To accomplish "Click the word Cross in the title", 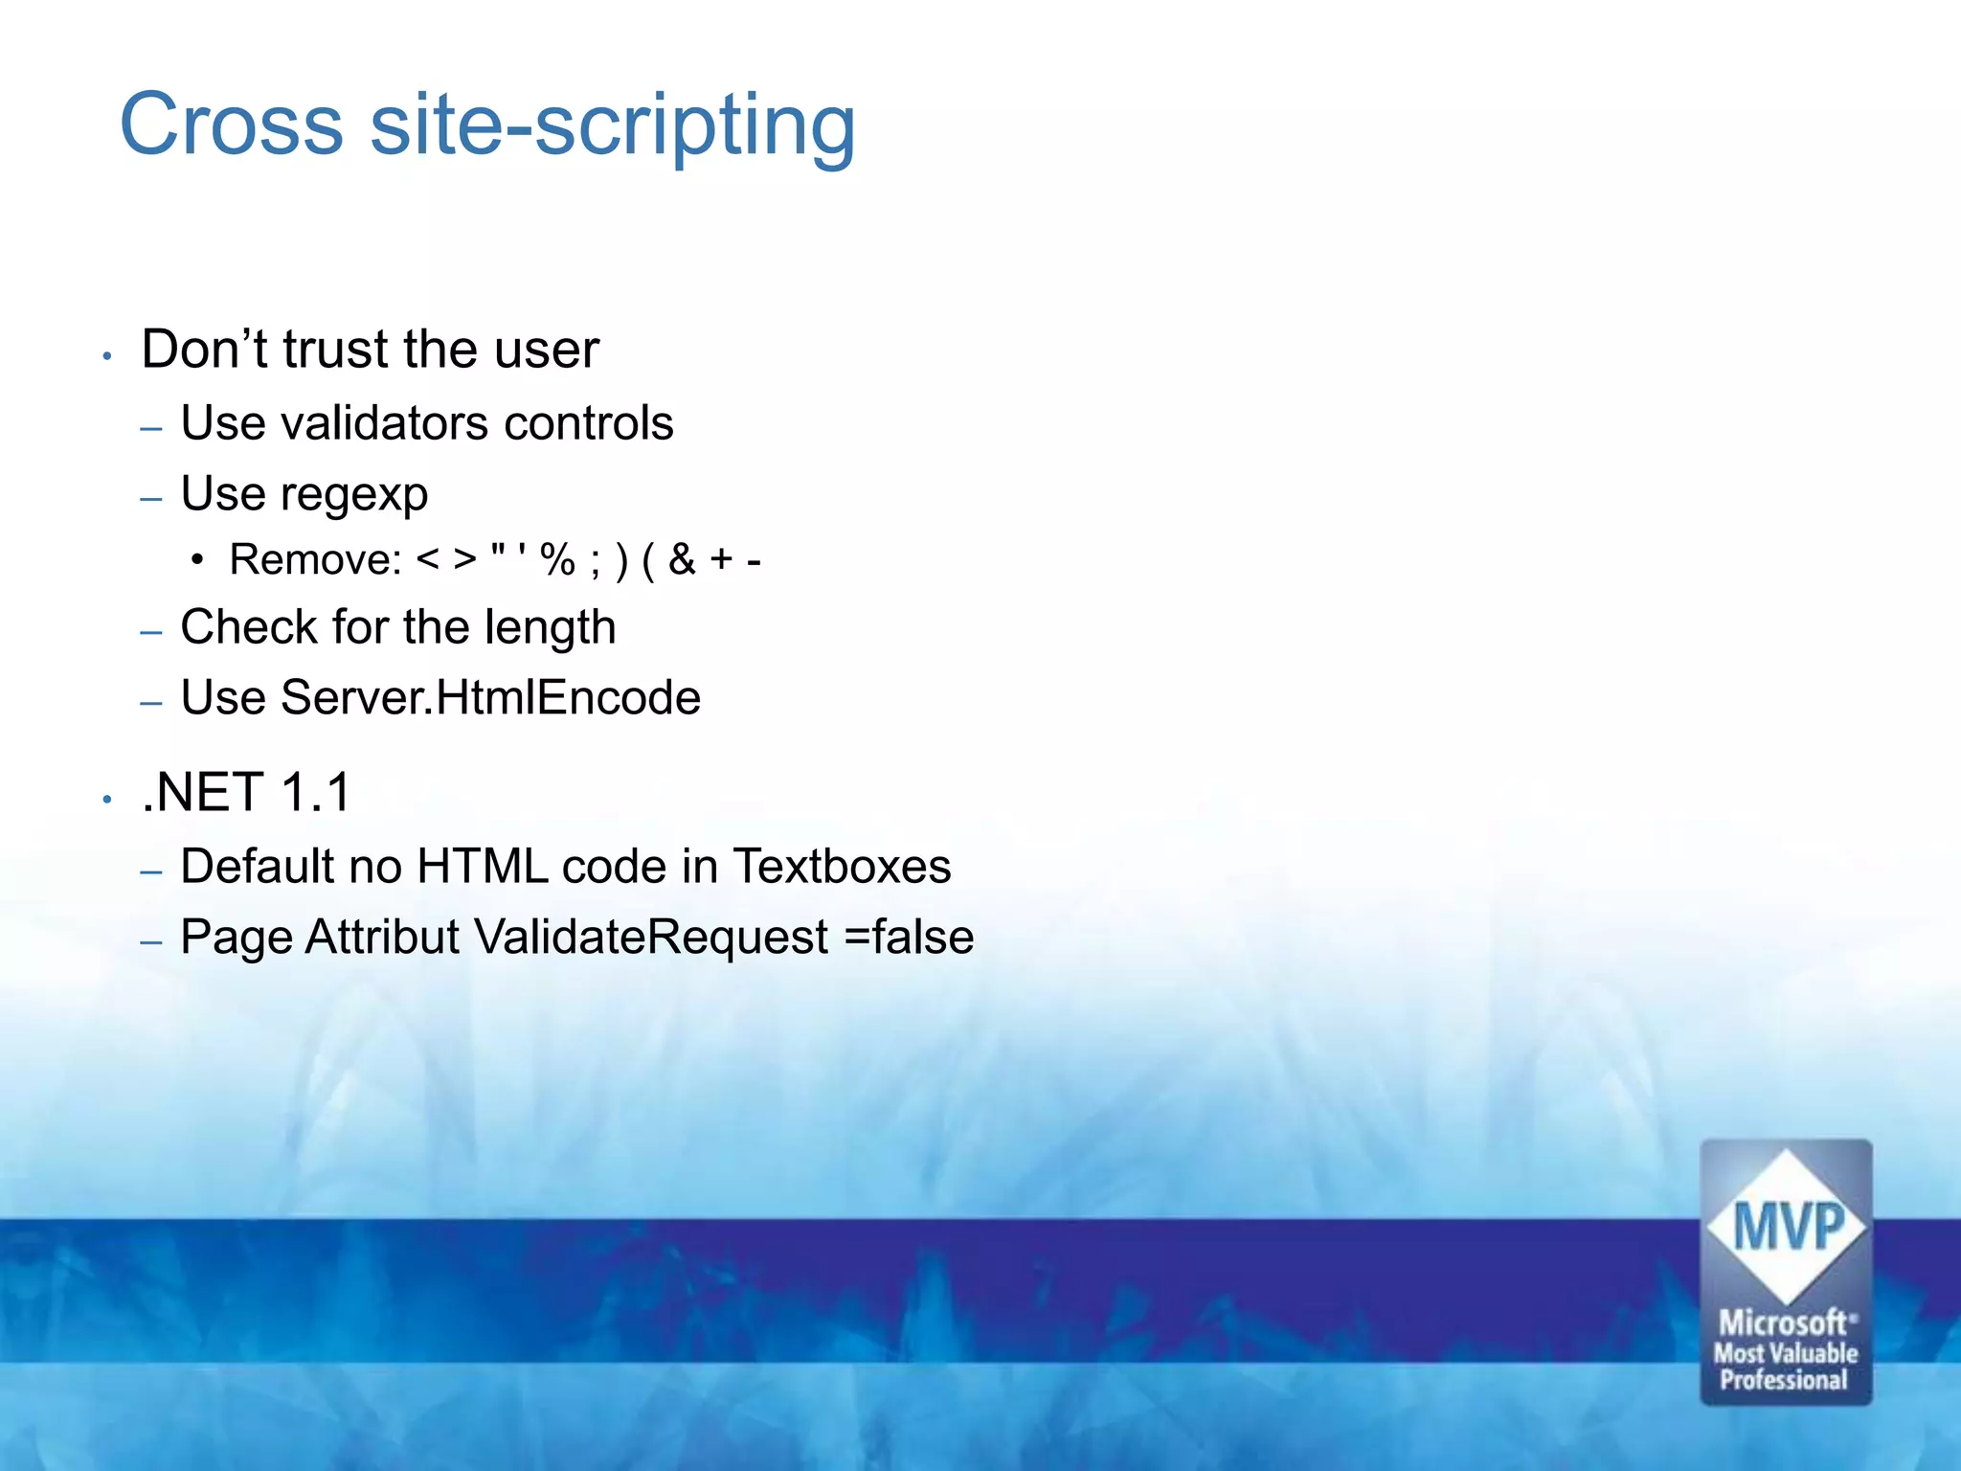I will point(231,124).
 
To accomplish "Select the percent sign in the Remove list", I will point(557,560).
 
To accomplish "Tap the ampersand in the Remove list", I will point(682,560).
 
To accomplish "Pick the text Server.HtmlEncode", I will point(490,698).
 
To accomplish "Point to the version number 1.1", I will point(316,793).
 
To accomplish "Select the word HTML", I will point(483,867).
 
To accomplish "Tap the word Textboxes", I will point(842,867).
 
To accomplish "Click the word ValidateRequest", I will point(651,938).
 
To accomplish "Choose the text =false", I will point(909,938).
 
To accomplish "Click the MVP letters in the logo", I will point(1788,1229).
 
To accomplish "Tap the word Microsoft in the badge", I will point(1783,1324).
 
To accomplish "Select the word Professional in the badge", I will point(1784,1380).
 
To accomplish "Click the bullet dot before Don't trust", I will point(108,356).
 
